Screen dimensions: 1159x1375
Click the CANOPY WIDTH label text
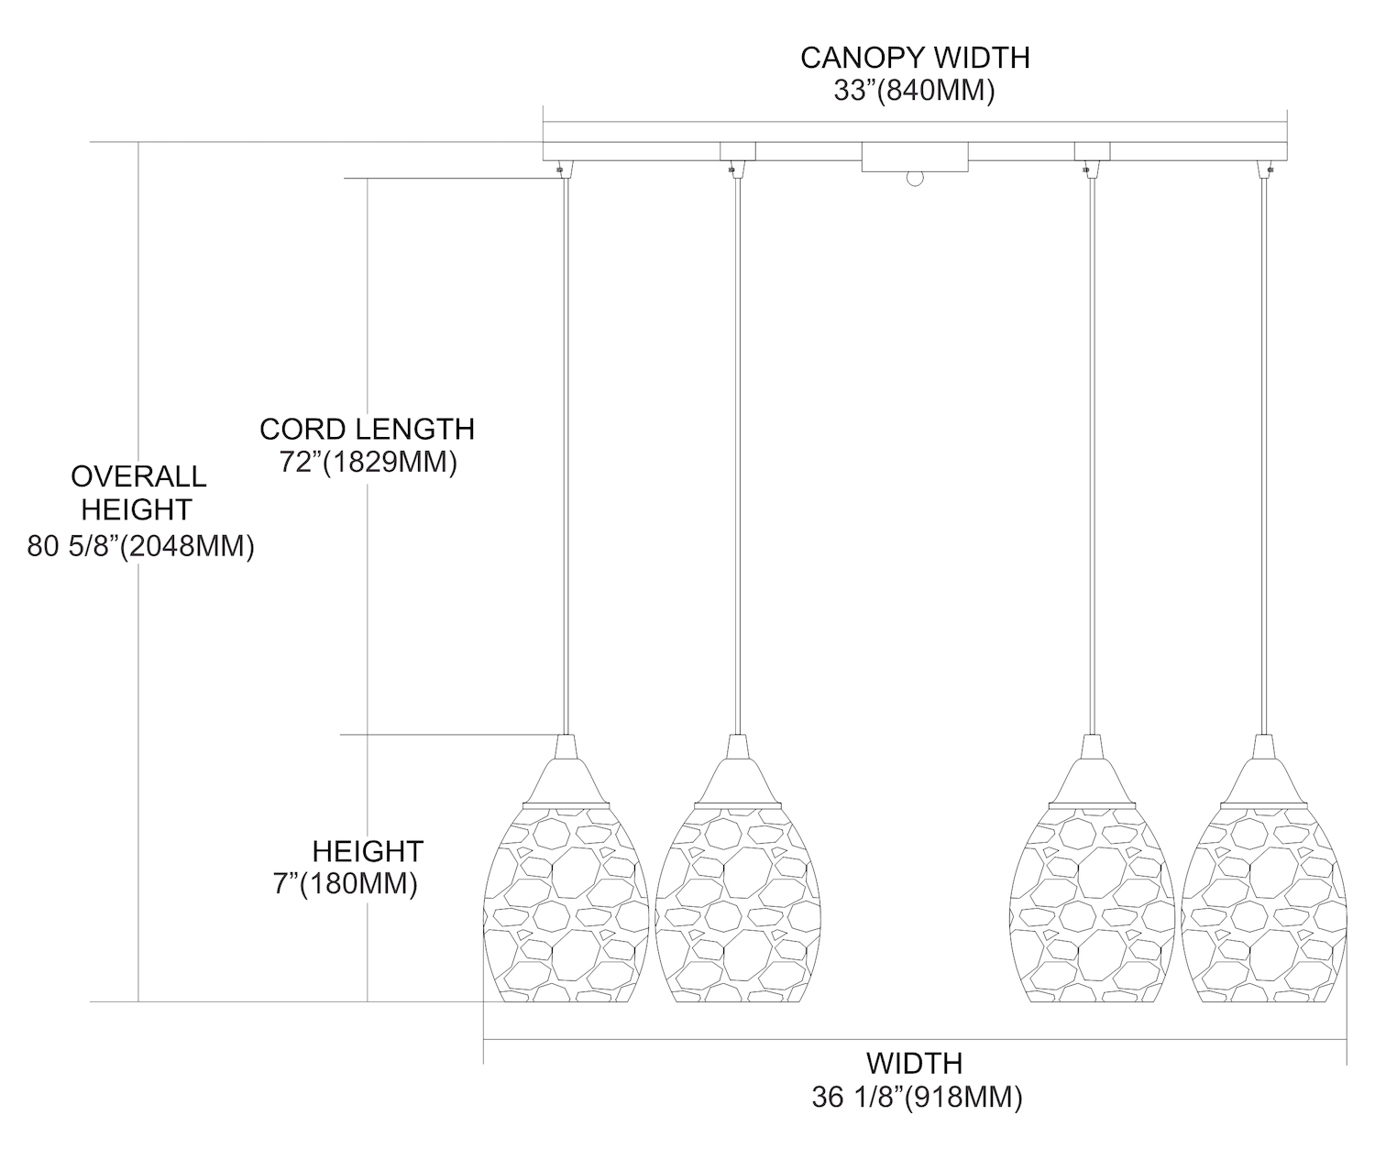915,58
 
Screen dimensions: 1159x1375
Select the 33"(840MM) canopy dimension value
915,92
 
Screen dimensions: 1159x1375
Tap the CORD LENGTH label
367,429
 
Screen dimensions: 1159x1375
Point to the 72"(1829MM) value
368,463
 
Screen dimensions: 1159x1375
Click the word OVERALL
138,476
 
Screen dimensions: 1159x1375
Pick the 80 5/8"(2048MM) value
140,547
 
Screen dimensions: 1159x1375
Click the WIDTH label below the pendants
915,1064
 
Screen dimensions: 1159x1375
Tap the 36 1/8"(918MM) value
917,1098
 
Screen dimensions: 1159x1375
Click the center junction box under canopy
915,157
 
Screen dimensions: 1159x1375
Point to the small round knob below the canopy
914,180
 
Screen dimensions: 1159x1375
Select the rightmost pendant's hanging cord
1265,458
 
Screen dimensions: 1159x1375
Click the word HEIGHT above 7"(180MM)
368,851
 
